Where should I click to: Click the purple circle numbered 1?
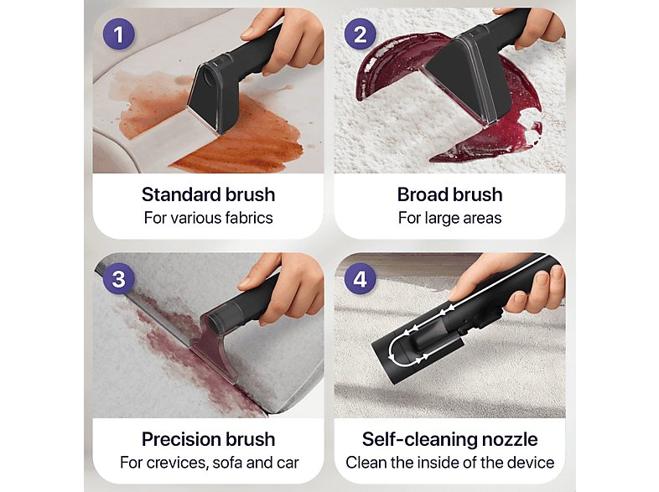[119, 34]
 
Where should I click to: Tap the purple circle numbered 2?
[361, 34]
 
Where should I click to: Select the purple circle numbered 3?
[119, 278]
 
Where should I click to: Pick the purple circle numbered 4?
[361, 278]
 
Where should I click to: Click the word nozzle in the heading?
[510, 439]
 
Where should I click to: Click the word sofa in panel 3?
[227, 463]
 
